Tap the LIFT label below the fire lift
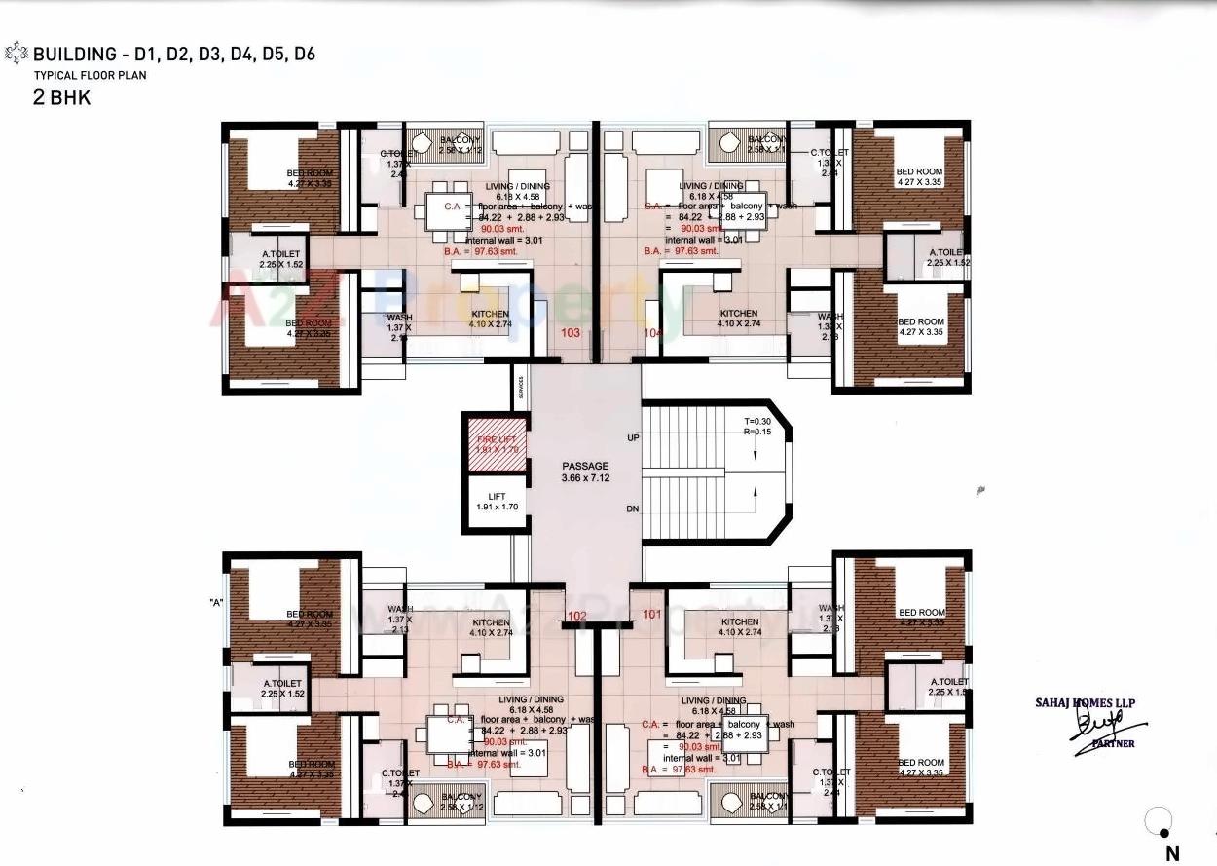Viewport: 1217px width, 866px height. click(x=496, y=497)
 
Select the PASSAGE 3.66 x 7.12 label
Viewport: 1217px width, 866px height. click(x=584, y=472)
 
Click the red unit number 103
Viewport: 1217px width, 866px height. click(x=572, y=333)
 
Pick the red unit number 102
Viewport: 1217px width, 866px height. click(x=576, y=616)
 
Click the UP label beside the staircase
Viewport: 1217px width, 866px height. click(x=633, y=438)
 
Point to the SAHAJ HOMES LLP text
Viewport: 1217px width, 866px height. click(x=1085, y=702)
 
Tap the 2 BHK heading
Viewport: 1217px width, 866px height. click(x=61, y=96)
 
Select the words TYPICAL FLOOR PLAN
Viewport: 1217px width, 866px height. click(x=91, y=75)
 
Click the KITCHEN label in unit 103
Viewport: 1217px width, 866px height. click(x=491, y=314)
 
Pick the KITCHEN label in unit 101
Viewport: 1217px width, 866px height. click(x=739, y=621)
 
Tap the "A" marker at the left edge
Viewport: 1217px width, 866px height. click(x=216, y=603)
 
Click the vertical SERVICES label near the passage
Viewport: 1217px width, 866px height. click(x=522, y=388)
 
